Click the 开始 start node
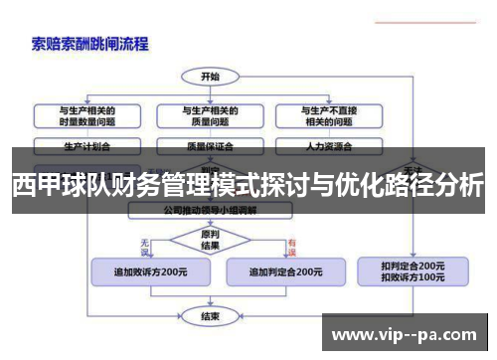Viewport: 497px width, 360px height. (210, 76)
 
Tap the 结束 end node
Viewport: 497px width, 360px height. (210, 316)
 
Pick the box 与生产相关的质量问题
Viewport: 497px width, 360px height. (210, 114)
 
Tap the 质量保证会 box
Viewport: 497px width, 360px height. (210, 145)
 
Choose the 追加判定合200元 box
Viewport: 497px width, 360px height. (284, 271)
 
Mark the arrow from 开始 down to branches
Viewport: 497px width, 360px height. (210, 90)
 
